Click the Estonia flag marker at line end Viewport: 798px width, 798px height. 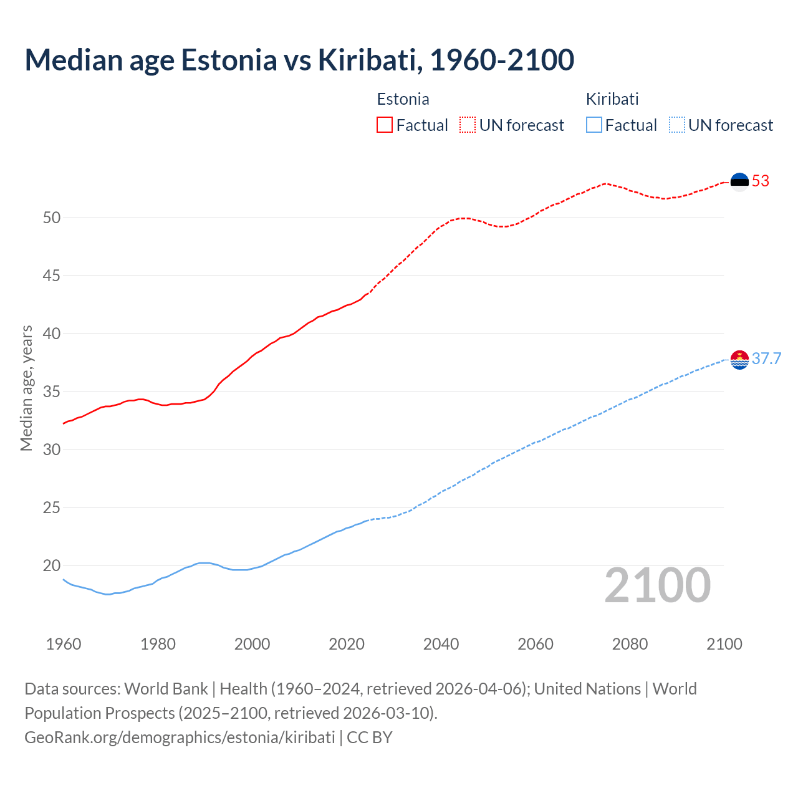tap(739, 181)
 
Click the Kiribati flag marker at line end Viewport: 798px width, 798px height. tap(739, 359)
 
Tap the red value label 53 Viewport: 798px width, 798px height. tap(761, 181)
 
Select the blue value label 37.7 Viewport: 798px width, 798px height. tap(766, 359)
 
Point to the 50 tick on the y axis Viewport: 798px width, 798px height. tap(52, 218)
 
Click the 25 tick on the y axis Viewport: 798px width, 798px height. tap(52, 507)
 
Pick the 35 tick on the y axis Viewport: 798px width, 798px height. tap(52, 392)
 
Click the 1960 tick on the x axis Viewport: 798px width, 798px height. tap(64, 644)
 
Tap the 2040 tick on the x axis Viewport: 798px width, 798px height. tap(441, 644)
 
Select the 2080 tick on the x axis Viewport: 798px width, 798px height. tap(630, 644)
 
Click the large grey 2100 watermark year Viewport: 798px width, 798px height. tap(657, 585)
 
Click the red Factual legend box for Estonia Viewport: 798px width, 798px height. tap(385, 125)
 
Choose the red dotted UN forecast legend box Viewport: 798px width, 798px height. tap(468, 125)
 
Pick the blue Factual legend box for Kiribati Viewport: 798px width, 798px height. tap(594, 125)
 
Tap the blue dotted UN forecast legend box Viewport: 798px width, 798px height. tap(676, 125)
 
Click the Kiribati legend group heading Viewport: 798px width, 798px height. tap(612, 99)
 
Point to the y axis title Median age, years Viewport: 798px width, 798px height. tap(26, 388)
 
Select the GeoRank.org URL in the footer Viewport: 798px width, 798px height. tap(180, 738)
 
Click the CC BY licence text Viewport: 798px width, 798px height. tap(370, 738)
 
